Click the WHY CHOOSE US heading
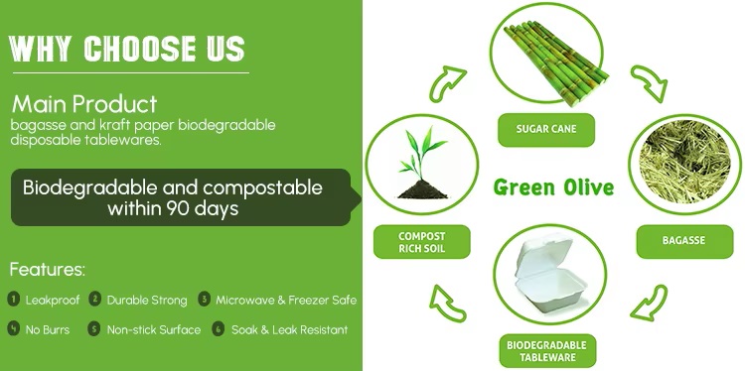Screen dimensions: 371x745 [126, 47]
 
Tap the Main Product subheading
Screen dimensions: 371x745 [84, 103]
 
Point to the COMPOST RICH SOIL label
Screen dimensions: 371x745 [408, 241]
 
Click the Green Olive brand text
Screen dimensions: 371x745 [554, 186]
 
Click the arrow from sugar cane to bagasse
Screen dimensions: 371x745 [649, 83]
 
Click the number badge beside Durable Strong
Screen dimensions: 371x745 [95, 299]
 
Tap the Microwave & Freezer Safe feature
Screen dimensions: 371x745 [285, 299]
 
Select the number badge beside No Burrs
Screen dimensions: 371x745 [14, 328]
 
